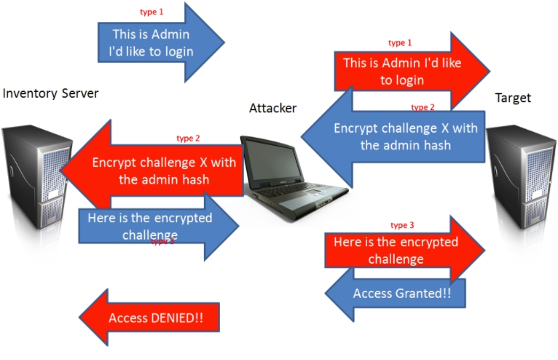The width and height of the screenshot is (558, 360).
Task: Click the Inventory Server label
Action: [50, 93]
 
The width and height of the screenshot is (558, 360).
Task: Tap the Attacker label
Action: [272, 109]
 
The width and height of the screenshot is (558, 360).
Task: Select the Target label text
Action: [513, 98]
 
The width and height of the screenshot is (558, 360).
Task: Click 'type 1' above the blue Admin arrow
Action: [152, 12]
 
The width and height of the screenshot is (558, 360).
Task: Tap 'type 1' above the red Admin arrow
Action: [400, 43]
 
